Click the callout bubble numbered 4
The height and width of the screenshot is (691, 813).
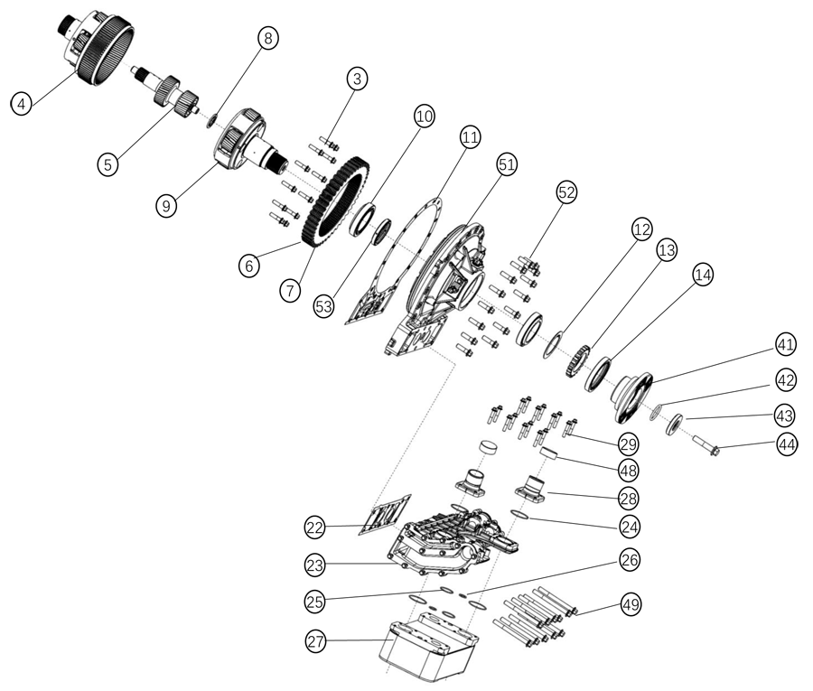point(21,103)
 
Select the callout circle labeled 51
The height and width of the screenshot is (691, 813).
point(507,164)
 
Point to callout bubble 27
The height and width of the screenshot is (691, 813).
point(314,642)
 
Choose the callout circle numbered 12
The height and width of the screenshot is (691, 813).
point(642,230)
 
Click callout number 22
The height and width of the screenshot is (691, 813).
point(314,526)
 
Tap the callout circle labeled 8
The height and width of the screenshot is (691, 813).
point(267,38)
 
